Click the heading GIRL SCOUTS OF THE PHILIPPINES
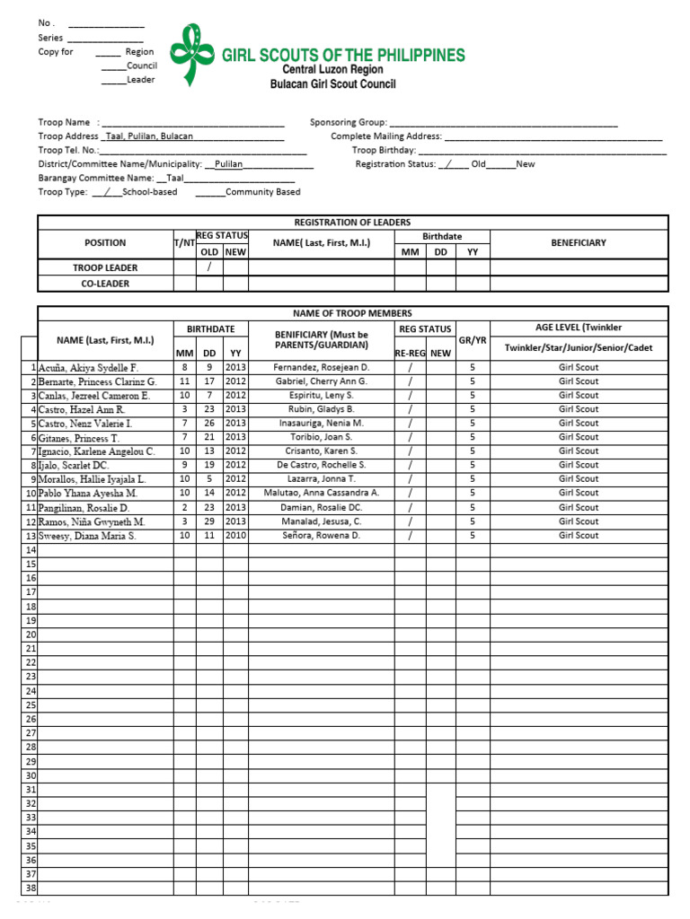(x=343, y=55)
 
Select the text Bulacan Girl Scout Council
(x=332, y=84)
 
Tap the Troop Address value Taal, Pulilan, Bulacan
(x=149, y=136)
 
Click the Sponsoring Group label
(x=349, y=122)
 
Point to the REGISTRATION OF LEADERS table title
(x=352, y=223)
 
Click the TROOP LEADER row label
(x=105, y=267)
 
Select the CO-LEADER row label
(x=105, y=284)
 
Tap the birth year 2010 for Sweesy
(x=235, y=535)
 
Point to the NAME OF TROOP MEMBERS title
(x=352, y=313)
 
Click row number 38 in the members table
(x=30, y=888)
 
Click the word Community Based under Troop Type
(x=262, y=192)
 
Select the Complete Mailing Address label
(x=386, y=136)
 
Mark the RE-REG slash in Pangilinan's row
(x=410, y=507)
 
